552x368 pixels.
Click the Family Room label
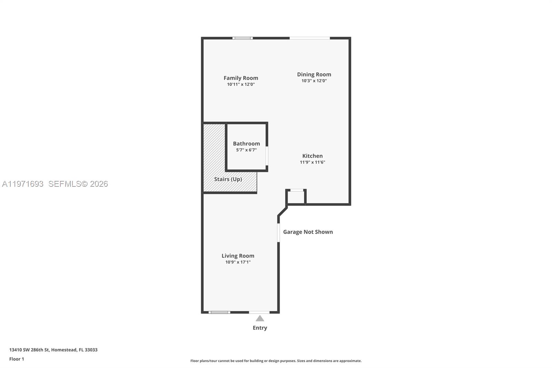(240, 78)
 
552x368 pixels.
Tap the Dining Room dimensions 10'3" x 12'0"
(314, 81)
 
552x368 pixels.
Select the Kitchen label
(312, 156)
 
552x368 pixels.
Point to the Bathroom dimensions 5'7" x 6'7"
(246, 150)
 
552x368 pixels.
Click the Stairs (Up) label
(228, 179)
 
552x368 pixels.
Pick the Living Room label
(238, 256)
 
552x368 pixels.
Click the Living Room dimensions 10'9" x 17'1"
(238, 262)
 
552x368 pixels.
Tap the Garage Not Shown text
(308, 232)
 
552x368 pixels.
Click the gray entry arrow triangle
(260, 319)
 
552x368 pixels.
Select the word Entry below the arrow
(260, 328)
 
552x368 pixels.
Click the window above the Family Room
(242, 38)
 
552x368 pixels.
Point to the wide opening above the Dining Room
(309, 38)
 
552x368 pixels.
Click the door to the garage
(278, 233)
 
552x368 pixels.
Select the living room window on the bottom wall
(219, 312)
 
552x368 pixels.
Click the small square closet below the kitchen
(296, 197)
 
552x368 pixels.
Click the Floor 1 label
(17, 359)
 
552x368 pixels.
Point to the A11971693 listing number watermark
(23, 184)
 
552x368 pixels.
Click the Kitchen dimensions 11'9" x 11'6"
(312, 162)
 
